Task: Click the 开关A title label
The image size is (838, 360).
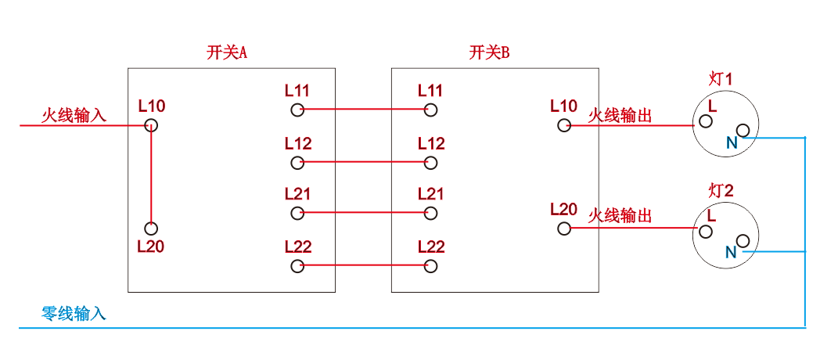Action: (227, 53)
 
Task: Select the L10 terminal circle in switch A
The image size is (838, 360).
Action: (151, 126)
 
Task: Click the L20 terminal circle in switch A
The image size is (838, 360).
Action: (151, 229)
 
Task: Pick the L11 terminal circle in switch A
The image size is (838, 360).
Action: (297, 110)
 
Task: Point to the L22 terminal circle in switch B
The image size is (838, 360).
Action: (430, 265)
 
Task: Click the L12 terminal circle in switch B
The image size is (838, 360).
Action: (430, 162)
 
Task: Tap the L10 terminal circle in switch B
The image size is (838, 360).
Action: (564, 126)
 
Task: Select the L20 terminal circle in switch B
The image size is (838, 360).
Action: (564, 229)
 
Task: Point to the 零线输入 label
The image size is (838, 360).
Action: (74, 313)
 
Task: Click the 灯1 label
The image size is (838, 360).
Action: (721, 80)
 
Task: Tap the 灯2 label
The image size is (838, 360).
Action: (721, 191)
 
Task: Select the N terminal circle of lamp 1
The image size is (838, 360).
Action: (743, 131)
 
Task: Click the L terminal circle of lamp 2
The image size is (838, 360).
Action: (706, 231)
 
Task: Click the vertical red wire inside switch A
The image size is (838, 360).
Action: (151, 177)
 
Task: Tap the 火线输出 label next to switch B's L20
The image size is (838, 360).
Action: (620, 216)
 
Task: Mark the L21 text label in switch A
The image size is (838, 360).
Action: (297, 193)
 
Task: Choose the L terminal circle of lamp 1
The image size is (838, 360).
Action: (706, 121)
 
